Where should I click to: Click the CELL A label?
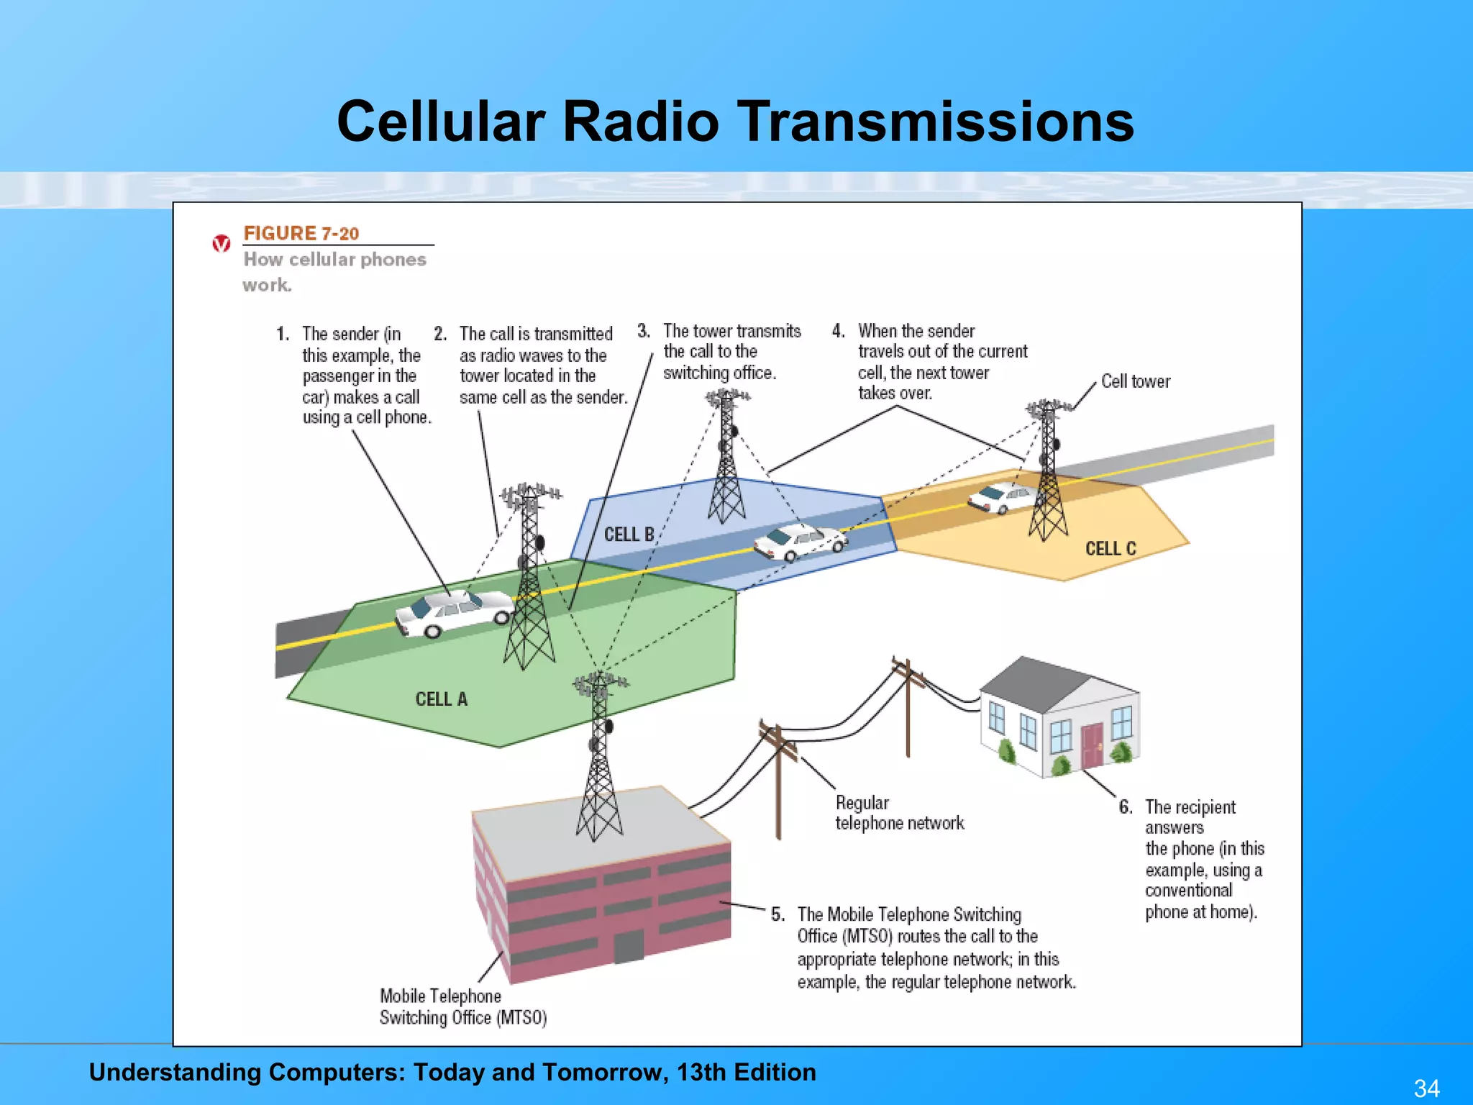point(441,699)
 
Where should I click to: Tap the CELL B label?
point(629,535)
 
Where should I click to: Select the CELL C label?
point(1110,548)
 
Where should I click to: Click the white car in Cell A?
point(455,614)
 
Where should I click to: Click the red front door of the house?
point(1091,745)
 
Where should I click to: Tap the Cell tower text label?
point(1136,381)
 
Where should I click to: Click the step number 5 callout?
point(777,914)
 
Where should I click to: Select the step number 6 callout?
point(1126,806)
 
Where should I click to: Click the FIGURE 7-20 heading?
point(301,233)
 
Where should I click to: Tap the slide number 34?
point(1426,1088)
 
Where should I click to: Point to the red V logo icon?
point(222,244)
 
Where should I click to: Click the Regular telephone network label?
point(898,813)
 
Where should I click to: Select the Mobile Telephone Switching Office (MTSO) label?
point(462,1006)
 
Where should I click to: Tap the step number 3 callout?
point(644,331)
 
